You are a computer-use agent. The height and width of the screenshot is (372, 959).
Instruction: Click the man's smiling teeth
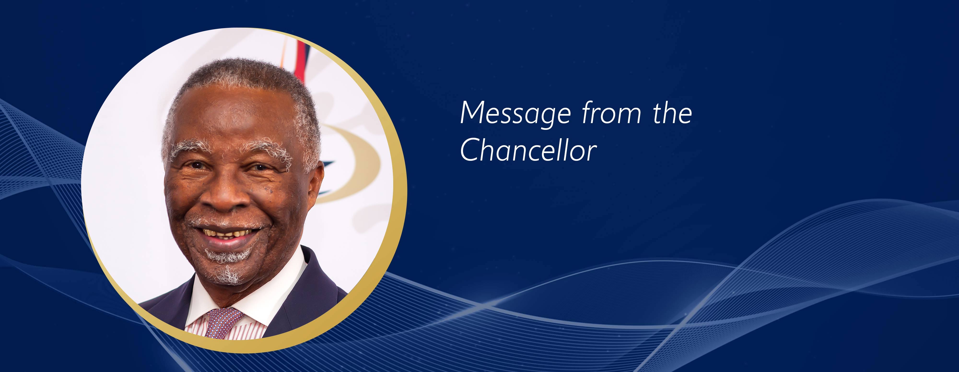[x=227, y=233]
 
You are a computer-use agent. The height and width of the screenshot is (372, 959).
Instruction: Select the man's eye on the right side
[x=259, y=167]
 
